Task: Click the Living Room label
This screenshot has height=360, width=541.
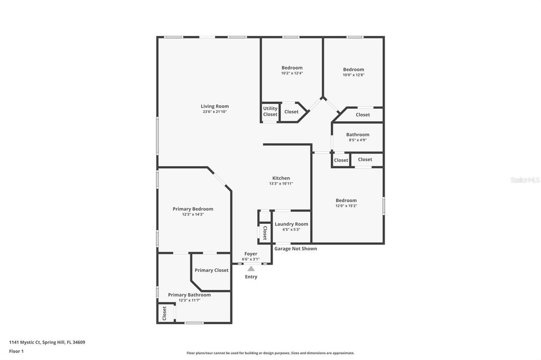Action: pyautogui.click(x=214, y=106)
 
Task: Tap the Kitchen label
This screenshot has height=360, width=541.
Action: pyautogui.click(x=281, y=178)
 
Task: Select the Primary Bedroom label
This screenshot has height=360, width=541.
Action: pyautogui.click(x=193, y=209)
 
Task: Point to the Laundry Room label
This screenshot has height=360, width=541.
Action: pyautogui.click(x=291, y=224)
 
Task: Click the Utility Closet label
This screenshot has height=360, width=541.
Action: pyautogui.click(x=270, y=111)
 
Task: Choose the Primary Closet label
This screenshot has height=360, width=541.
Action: pyautogui.click(x=211, y=270)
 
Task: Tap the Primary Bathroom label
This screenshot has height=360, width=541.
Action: pyautogui.click(x=189, y=295)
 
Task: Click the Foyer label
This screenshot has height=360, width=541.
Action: pyautogui.click(x=250, y=254)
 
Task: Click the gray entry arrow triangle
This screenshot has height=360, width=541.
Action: pyautogui.click(x=251, y=269)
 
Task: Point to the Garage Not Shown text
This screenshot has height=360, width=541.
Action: pyautogui.click(x=295, y=249)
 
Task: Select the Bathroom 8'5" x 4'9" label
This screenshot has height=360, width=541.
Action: pyautogui.click(x=358, y=135)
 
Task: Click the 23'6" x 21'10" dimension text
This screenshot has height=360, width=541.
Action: pyautogui.click(x=214, y=112)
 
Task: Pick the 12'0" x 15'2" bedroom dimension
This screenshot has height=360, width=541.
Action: pyautogui.click(x=346, y=206)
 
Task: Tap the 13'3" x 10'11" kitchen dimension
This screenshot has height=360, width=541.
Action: pyautogui.click(x=281, y=184)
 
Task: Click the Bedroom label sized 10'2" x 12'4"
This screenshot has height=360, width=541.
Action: pyautogui.click(x=292, y=68)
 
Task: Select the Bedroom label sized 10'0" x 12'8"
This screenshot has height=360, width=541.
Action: pyautogui.click(x=353, y=69)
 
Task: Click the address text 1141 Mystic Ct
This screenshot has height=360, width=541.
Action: pyautogui.click(x=47, y=342)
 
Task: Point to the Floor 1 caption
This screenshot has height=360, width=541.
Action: pyautogui.click(x=16, y=351)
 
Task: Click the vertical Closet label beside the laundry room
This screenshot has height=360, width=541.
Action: pyautogui.click(x=265, y=233)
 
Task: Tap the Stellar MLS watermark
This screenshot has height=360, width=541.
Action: pyautogui.click(x=525, y=180)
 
